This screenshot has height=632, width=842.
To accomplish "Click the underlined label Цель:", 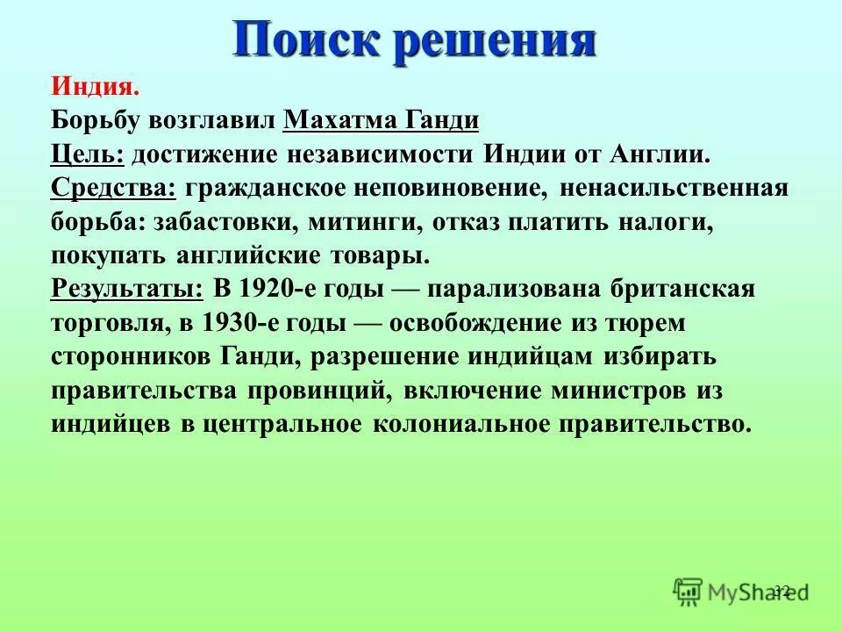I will tap(88, 154).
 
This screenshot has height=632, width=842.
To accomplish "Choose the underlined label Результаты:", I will tap(127, 289).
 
